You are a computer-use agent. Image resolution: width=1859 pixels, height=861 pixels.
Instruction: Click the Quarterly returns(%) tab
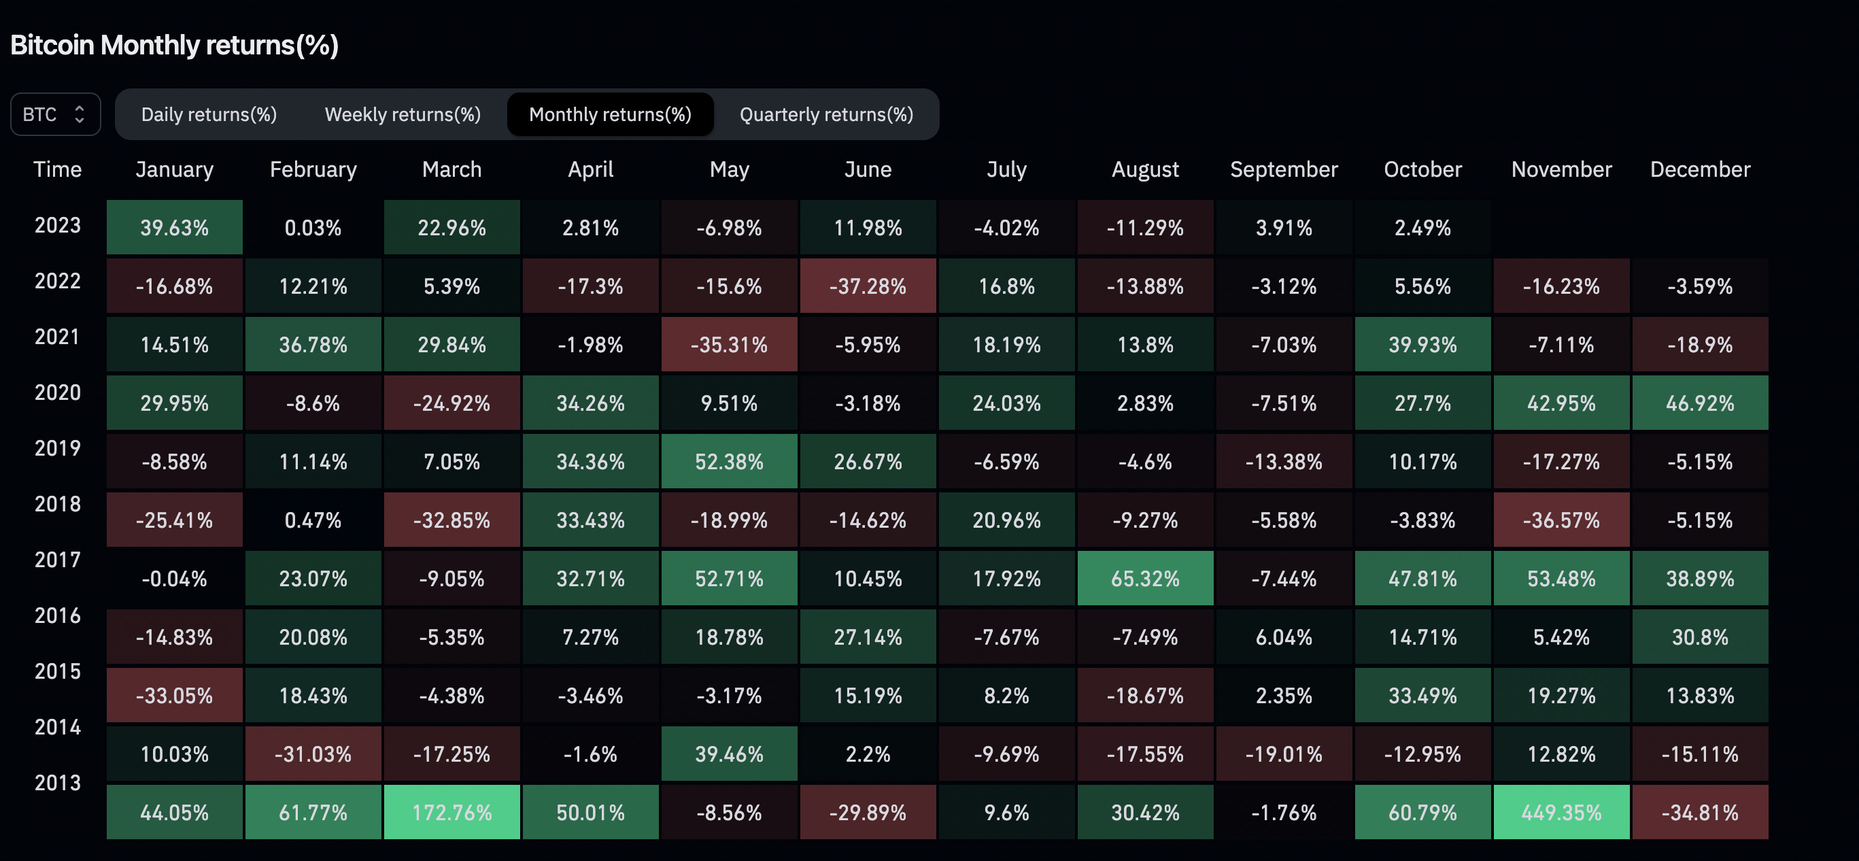(826, 114)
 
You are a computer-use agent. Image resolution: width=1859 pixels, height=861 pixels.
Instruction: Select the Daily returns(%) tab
(209, 114)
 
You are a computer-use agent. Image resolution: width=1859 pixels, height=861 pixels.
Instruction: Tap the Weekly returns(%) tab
(403, 114)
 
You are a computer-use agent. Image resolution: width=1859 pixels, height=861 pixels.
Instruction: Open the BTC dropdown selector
(55, 114)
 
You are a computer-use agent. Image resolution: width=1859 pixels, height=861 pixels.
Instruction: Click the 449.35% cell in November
(1561, 812)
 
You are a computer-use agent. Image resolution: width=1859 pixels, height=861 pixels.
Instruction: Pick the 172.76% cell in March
(451, 812)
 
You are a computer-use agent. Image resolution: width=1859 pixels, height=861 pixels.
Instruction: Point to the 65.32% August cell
(1145, 578)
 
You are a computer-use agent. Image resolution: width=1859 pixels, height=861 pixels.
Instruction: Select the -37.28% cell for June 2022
(868, 286)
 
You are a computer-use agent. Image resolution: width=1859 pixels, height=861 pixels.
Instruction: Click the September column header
(1284, 169)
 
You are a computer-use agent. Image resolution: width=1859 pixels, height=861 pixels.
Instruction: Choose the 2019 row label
(58, 448)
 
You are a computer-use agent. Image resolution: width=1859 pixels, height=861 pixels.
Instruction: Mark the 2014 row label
(58, 727)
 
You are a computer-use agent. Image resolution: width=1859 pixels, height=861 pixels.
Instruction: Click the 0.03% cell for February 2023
(313, 227)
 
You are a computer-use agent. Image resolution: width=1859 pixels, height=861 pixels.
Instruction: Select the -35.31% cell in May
(729, 344)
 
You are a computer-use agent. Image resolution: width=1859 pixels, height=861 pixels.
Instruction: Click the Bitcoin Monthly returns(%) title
(175, 45)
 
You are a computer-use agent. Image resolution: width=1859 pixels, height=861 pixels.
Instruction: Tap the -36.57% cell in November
(1561, 520)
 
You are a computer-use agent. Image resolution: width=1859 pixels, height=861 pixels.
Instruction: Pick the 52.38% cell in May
(729, 461)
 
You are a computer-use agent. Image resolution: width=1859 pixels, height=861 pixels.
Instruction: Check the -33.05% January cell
(175, 695)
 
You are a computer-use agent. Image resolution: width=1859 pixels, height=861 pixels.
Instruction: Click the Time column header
(58, 169)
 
